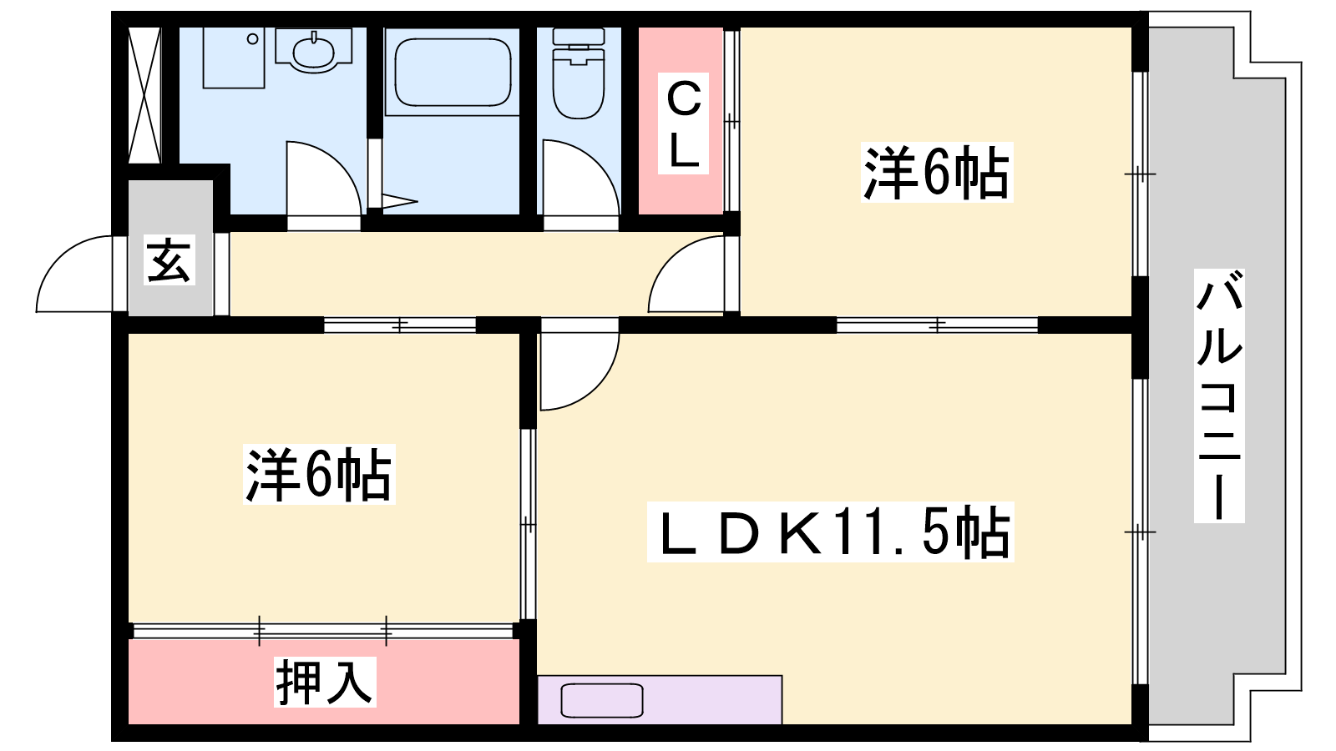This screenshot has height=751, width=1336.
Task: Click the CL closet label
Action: (683, 123)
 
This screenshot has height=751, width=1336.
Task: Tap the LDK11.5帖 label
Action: (830, 532)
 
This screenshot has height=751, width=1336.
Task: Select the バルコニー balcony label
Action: (1219, 396)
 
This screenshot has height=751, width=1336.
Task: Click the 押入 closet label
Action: (325, 682)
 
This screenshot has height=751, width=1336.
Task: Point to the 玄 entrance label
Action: (170, 260)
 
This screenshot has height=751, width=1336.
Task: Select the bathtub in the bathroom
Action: (453, 72)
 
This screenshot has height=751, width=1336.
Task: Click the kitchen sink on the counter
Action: (602, 700)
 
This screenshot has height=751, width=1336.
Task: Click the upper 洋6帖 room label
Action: (936, 172)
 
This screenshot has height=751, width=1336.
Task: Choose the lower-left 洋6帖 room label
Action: (319, 474)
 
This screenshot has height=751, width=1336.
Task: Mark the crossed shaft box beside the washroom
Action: (145, 95)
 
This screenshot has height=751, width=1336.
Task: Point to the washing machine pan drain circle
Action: (253, 38)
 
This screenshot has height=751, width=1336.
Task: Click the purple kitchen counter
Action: (660, 700)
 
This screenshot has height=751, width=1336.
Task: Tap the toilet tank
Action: (579, 37)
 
